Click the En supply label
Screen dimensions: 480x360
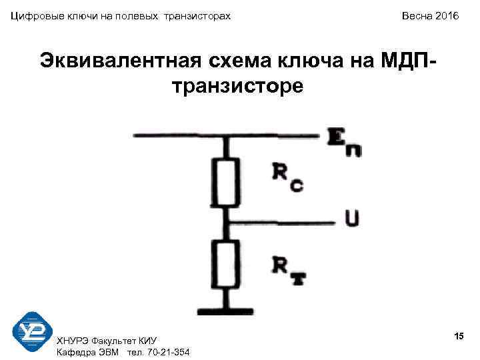pyautogui.click(x=345, y=143)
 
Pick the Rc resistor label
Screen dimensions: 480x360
pyautogui.click(x=287, y=176)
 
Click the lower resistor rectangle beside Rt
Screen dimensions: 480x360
pyautogui.click(x=228, y=266)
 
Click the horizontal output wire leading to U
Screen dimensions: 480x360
pyautogui.click(x=287, y=222)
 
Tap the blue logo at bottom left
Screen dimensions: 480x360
pyautogui.click(x=33, y=332)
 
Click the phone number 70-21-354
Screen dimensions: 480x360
pyautogui.click(x=166, y=352)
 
